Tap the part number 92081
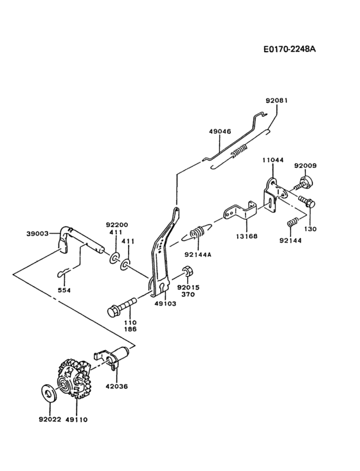pos(277,100)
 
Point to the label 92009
pos(305,165)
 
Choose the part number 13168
pos(247,236)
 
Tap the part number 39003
pos(38,234)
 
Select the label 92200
pos(117,225)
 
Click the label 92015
pos(188,287)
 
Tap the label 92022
pos(49,419)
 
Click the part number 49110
pos(76,419)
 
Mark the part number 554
pos(64,289)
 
